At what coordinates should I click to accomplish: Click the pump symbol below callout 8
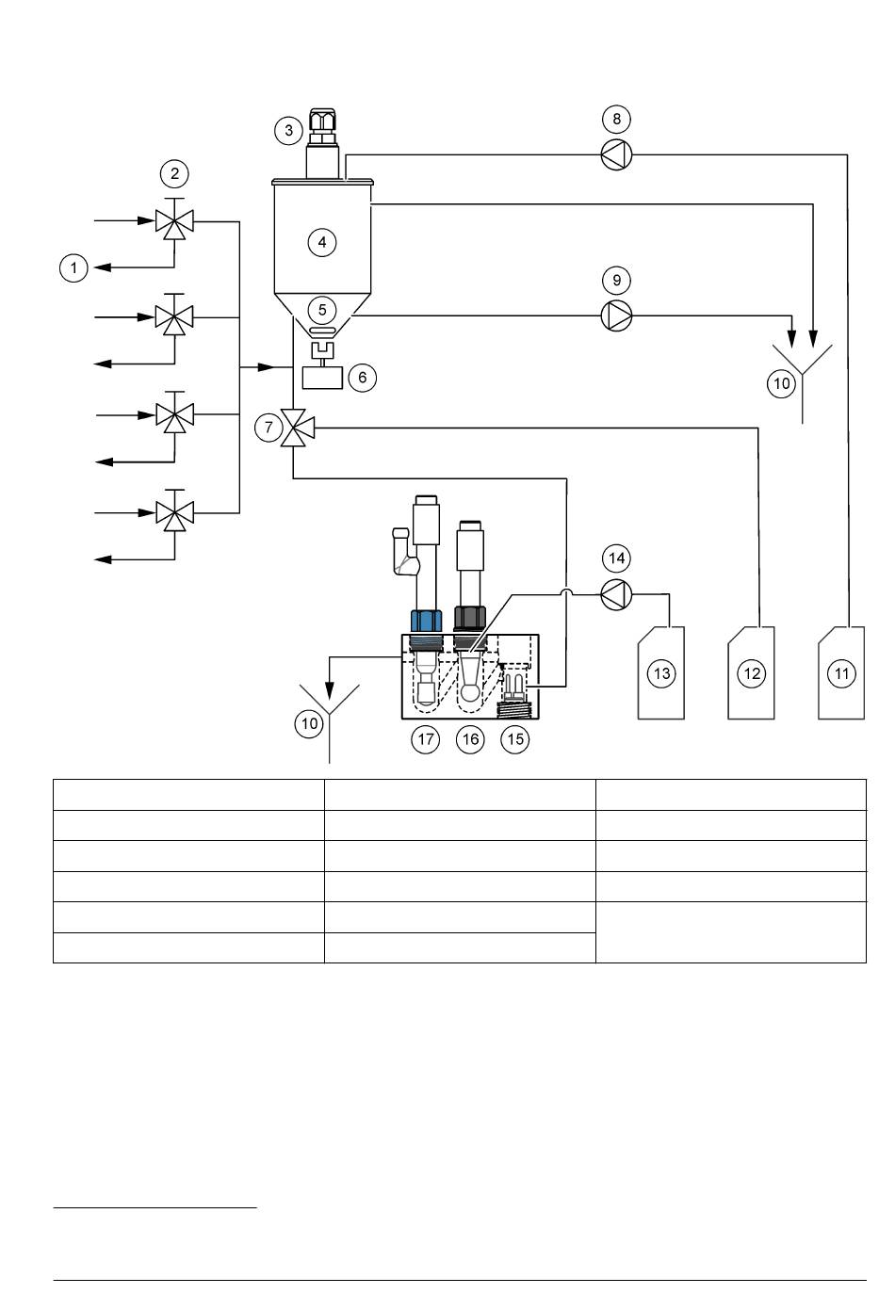616,154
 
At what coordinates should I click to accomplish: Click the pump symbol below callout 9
616,316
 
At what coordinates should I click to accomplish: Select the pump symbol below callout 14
616,594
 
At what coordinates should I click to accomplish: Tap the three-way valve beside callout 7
296,428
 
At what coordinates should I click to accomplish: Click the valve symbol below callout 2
174,219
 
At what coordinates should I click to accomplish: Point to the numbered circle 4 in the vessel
322,242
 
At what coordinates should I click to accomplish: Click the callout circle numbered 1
73,268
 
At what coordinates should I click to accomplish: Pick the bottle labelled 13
660,673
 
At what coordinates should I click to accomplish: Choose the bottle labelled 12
751,673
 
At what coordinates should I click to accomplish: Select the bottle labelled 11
840,673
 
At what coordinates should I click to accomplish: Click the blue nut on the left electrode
426,621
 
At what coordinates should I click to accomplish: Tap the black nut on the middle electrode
469,618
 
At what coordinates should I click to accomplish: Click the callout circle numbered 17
425,739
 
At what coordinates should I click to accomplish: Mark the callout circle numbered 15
514,739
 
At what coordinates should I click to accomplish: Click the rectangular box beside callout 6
322,378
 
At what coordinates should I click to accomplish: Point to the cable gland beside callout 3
322,126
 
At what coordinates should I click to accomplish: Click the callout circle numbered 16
470,739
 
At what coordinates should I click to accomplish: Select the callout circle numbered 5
322,310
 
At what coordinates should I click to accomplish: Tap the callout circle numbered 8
616,119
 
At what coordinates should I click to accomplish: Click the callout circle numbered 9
616,280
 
